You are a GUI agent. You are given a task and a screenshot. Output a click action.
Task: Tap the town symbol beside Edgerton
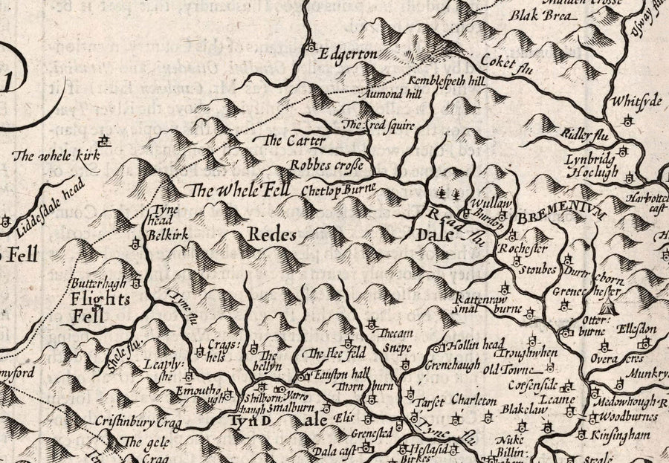coord(310,47)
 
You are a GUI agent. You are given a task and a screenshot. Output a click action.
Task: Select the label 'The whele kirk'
coord(45,156)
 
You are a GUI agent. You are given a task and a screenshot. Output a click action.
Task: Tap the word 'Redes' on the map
coord(272,235)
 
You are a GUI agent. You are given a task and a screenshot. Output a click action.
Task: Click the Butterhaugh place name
coord(98,284)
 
